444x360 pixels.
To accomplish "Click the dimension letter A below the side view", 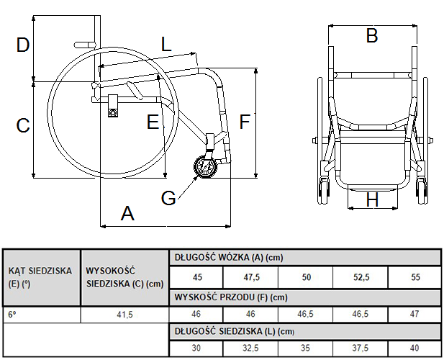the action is point(127,214).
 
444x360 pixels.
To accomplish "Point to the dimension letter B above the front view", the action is point(372,36).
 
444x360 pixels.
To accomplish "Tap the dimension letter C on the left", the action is point(23,125).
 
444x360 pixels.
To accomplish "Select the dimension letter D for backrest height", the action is point(23,45).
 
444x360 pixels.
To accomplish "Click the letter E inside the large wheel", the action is point(153,122).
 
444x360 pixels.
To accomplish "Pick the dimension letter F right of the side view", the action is point(245,122).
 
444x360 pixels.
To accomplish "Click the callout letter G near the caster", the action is point(168,198).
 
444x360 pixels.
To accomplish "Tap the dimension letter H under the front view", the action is point(372,199).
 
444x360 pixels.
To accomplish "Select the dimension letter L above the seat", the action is point(166,44).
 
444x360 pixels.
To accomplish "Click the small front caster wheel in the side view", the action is point(206,167).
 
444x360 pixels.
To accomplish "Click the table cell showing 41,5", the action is point(125,315).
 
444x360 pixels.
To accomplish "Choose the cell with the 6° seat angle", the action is point(41,315).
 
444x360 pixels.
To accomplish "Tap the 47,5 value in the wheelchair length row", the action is point(251,277).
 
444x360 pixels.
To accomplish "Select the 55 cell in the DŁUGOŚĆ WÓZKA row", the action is point(415,277).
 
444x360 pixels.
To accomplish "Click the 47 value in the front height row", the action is point(414,314).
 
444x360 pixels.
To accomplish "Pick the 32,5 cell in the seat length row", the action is point(250,348).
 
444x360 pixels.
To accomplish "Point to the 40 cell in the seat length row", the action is point(414,348).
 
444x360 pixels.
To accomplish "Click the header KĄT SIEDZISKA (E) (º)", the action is point(40,277).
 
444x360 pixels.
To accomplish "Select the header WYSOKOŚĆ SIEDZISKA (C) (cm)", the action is point(125,277).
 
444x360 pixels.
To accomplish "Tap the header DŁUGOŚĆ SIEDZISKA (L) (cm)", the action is point(235,331).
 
